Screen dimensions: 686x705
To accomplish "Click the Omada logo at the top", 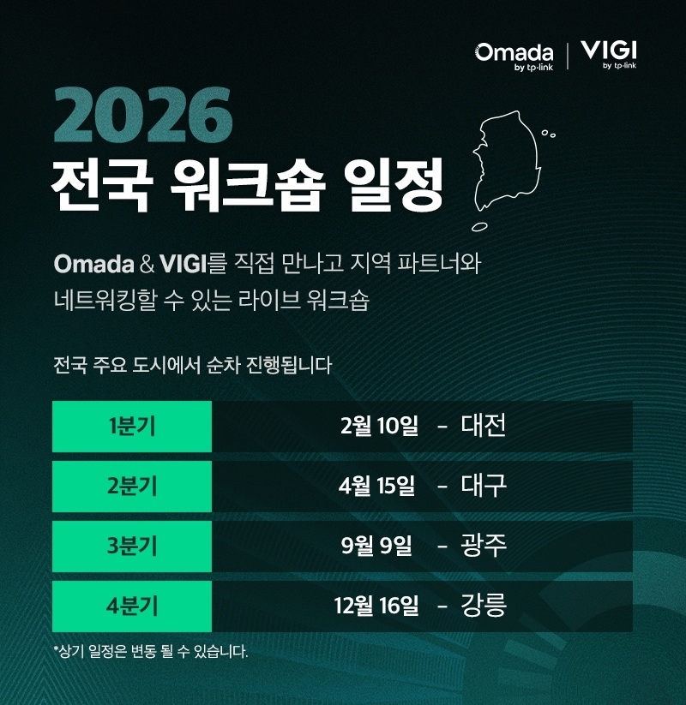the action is click(x=514, y=57).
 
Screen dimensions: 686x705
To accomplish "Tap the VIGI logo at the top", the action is click(x=609, y=54).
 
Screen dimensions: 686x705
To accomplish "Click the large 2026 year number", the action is click(x=142, y=115).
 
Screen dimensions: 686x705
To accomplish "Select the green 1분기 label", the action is click(x=132, y=427).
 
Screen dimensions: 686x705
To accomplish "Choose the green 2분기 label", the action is click(x=132, y=486).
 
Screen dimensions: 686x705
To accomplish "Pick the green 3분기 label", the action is click(x=132, y=547).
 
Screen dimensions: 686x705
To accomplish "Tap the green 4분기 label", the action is click(x=132, y=606).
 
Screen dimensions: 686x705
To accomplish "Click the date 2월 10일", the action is click(x=379, y=426).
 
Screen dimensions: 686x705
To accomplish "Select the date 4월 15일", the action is click(x=376, y=486).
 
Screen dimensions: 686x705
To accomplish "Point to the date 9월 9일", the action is click(x=376, y=546).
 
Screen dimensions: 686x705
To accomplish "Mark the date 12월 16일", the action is click(x=376, y=606).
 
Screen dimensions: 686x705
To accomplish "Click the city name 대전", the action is click(x=484, y=426).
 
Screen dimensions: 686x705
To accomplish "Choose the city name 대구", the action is click(x=484, y=486).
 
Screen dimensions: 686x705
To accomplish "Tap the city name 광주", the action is click(x=484, y=546).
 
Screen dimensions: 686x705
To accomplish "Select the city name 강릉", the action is click(x=484, y=605).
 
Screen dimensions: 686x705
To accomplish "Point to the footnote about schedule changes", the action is click(x=150, y=651).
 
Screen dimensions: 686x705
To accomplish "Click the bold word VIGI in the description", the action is click(x=183, y=264).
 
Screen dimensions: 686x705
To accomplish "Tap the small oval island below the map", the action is click(x=479, y=227).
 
